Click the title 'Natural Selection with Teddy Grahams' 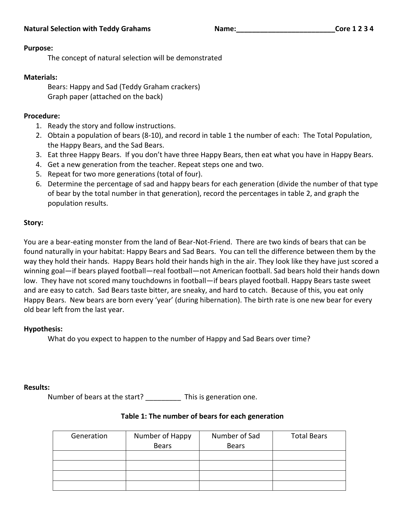click(x=87, y=29)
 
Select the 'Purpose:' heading click(x=38, y=48)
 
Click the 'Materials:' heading click(x=41, y=77)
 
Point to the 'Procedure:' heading click(x=42, y=116)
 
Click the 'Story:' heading click(x=33, y=223)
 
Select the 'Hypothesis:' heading click(x=43, y=329)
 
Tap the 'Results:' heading click(x=37, y=387)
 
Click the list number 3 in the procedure click(x=39, y=155)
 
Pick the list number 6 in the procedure click(x=39, y=184)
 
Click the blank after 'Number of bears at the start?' click(x=163, y=398)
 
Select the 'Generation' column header click(x=89, y=436)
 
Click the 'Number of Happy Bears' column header click(x=163, y=441)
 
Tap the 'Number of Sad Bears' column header click(x=236, y=441)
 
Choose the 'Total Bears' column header click(x=309, y=436)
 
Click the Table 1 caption click(x=202, y=416)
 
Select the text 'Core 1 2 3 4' click(x=354, y=29)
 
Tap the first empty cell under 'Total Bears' click(x=309, y=455)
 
